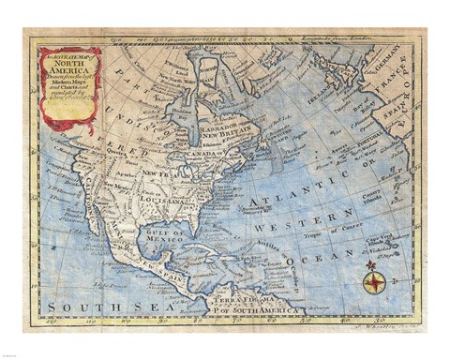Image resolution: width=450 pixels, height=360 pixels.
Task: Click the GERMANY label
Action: click(x=391, y=64)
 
